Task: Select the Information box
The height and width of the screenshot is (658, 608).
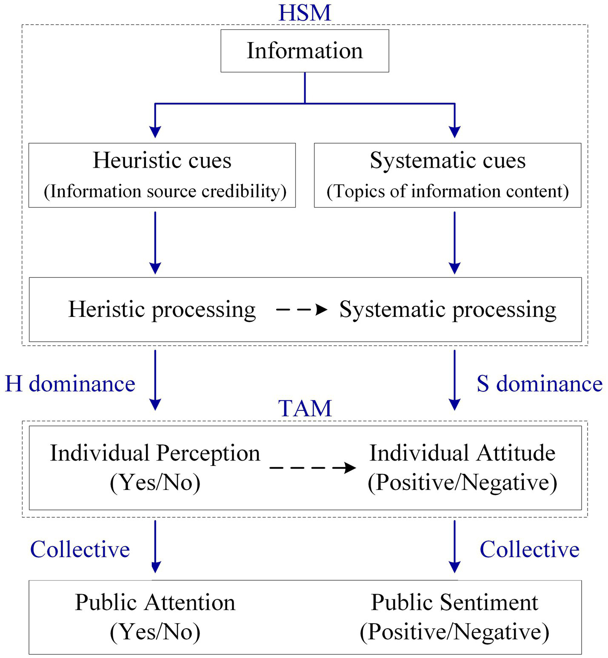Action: point(305,51)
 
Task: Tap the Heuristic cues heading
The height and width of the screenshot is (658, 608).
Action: point(162,160)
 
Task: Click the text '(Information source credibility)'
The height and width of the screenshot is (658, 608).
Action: point(165,191)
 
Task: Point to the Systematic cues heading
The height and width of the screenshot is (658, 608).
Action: point(448,160)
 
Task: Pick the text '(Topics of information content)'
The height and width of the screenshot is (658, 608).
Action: point(448,191)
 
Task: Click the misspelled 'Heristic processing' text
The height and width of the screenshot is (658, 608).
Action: point(162,309)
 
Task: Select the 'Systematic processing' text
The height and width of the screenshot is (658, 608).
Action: point(448,309)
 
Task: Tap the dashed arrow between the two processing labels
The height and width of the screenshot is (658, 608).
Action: point(302,310)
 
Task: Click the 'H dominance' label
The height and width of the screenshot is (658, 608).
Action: point(70,384)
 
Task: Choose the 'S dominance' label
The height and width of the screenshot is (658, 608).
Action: point(539,384)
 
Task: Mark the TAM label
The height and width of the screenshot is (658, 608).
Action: point(305,408)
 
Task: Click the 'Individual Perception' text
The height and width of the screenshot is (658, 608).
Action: point(155,453)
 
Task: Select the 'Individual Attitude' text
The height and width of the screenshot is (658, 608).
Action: point(462,453)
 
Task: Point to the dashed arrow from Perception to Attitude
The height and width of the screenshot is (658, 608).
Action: point(313,468)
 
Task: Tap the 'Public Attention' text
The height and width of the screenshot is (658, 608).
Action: point(155,603)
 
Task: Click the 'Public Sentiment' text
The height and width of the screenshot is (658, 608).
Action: point(454,603)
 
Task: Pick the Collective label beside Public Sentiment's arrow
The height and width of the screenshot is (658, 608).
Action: point(529,549)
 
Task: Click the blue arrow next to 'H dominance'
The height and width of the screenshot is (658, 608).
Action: point(155,379)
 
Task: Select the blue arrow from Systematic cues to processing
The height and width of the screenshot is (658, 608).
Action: point(454,242)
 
